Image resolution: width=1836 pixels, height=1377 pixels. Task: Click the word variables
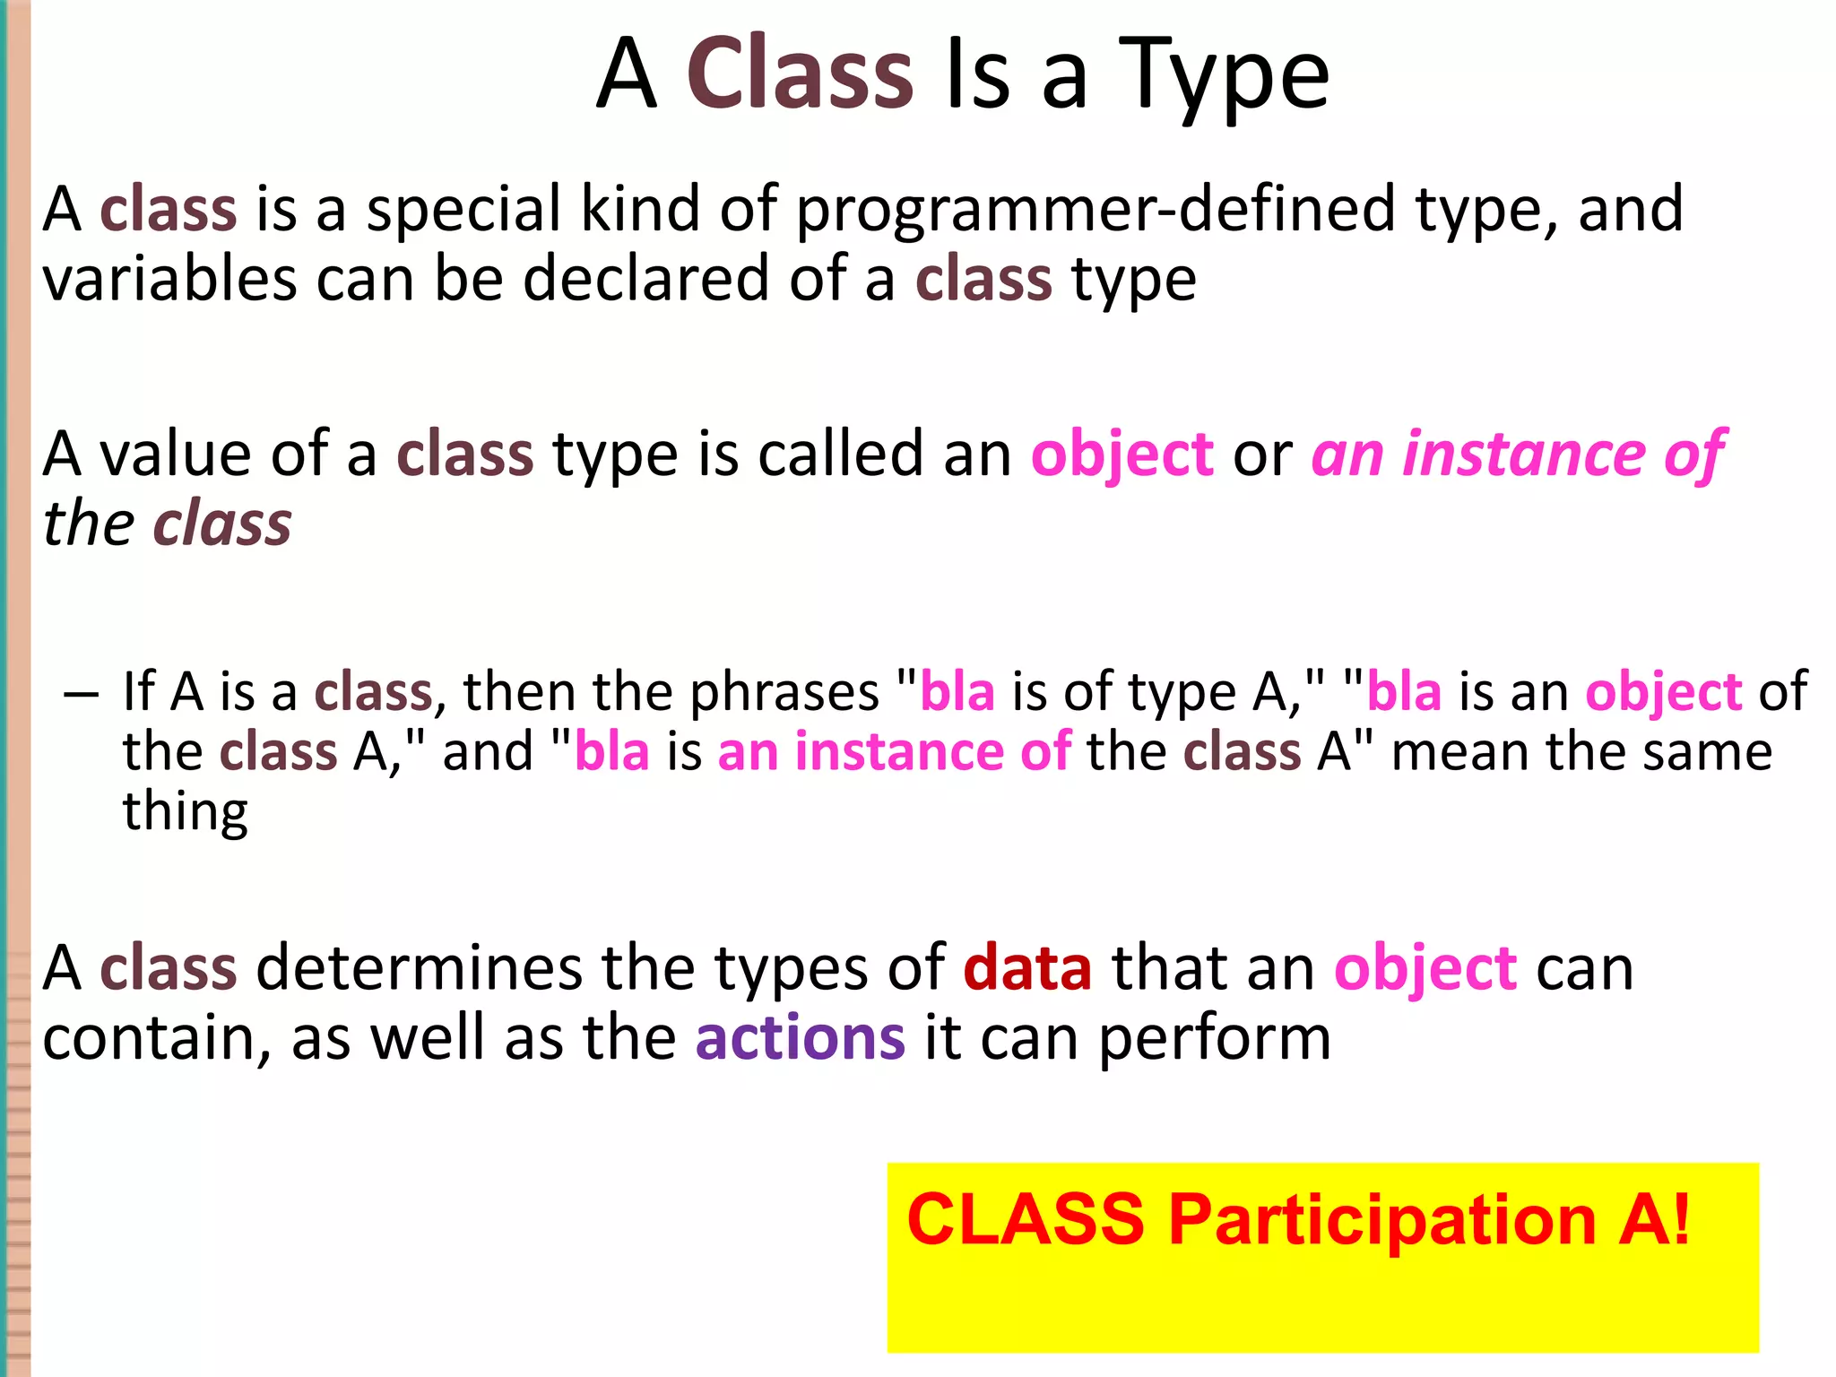click(169, 279)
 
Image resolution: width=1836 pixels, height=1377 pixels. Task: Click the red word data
click(1027, 969)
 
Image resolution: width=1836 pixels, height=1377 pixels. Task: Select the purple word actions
click(800, 1038)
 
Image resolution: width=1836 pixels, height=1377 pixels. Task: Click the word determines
click(419, 969)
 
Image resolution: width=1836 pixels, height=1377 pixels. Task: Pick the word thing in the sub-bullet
click(185, 813)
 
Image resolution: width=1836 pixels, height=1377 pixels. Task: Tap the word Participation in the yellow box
click(1382, 1221)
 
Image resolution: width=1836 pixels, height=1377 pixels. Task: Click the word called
click(840, 455)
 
